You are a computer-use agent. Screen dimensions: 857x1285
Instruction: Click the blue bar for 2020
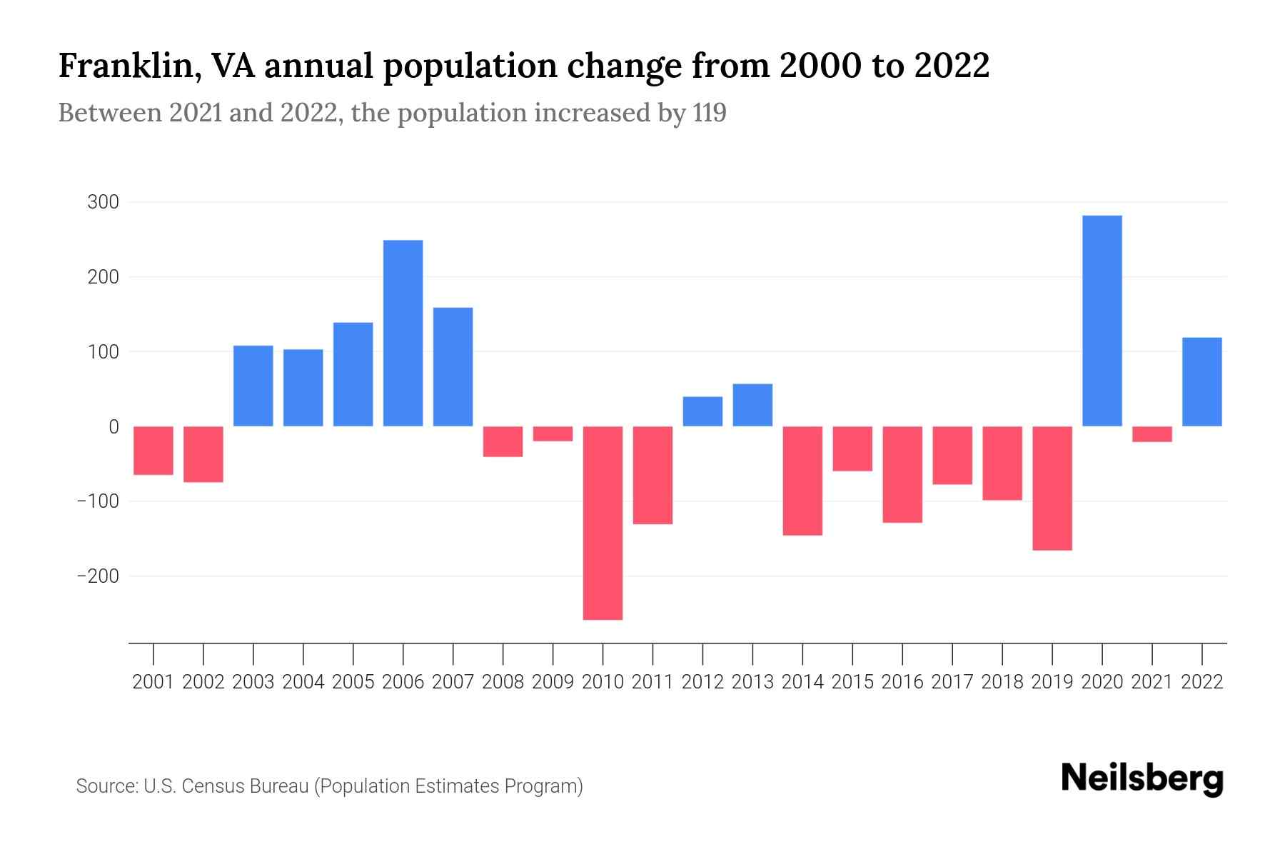(1102, 321)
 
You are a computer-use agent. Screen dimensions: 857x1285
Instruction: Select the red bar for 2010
(603, 523)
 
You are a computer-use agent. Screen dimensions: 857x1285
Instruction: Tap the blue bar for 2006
(403, 333)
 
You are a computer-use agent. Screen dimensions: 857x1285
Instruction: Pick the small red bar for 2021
(1152, 434)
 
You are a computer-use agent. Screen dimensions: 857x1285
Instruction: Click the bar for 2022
(1202, 381)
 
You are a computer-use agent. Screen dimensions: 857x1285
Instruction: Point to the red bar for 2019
(1052, 488)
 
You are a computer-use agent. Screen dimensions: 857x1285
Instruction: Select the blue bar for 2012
(702, 411)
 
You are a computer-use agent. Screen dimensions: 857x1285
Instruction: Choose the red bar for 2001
(153, 451)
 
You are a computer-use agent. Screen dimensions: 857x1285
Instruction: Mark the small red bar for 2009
(553, 434)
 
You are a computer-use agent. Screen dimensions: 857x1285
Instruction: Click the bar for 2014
(802, 481)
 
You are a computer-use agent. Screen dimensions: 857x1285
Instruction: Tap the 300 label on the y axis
(103, 202)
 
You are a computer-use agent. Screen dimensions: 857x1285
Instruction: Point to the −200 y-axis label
(98, 576)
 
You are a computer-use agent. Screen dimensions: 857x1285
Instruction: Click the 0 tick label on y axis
(114, 426)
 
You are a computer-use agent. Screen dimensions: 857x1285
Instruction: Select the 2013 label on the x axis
(752, 682)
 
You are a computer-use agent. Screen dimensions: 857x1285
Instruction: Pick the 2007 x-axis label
(453, 682)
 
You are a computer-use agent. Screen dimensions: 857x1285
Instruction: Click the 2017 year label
(952, 682)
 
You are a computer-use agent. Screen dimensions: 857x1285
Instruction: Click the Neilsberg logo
(1142, 778)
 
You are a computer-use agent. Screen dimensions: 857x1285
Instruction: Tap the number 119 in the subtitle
(709, 113)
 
